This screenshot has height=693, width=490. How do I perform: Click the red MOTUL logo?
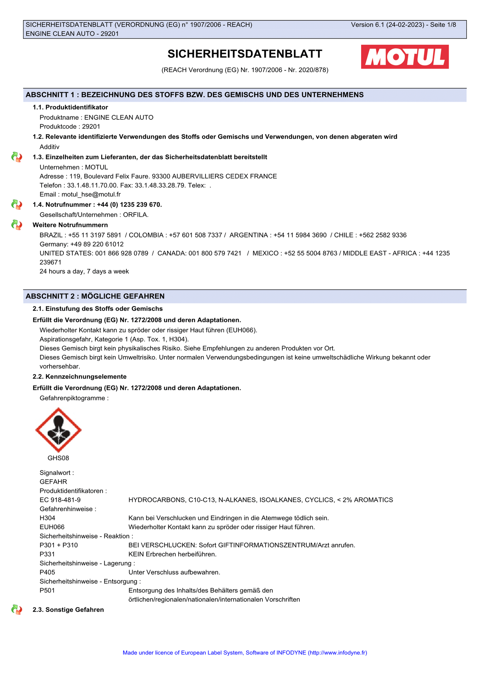[x=405, y=57]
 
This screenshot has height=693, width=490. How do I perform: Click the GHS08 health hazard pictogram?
[x=58, y=430]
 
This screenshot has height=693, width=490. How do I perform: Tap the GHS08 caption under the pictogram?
[x=58, y=458]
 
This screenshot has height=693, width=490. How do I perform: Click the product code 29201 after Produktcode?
[x=91, y=127]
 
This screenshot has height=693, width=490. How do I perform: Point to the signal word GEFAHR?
[x=53, y=482]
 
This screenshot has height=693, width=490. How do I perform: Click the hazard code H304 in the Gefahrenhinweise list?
[x=47, y=518]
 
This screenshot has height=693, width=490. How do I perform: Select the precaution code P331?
[x=47, y=554]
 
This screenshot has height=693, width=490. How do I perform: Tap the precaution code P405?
[x=47, y=572]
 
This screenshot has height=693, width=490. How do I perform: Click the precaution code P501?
[x=47, y=590]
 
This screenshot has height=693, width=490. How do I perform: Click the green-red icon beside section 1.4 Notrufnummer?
[x=17, y=205]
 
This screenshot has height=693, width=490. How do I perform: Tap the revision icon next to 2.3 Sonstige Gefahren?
[x=17, y=610]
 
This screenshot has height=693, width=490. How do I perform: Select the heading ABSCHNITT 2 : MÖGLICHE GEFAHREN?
[x=95, y=296]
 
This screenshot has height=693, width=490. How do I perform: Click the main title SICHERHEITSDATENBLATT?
[x=245, y=54]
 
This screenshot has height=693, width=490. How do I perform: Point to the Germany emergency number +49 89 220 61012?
[x=97, y=244]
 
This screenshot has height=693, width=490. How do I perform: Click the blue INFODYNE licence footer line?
[x=245, y=653]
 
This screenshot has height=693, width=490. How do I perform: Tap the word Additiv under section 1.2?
[x=50, y=147]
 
